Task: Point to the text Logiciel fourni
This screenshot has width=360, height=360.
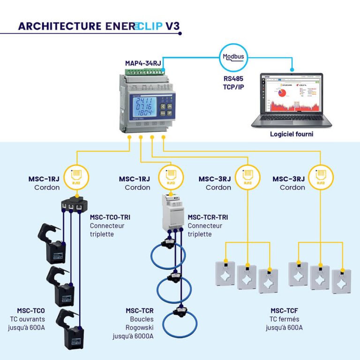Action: (x=291, y=134)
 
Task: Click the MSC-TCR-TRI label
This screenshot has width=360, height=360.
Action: (x=208, y=217)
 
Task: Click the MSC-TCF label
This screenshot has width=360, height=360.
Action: (x=284, y=310)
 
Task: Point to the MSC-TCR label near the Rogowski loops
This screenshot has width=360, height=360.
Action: (x=140, y=310)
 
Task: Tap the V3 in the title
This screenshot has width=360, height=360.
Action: (x=172, y=26)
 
